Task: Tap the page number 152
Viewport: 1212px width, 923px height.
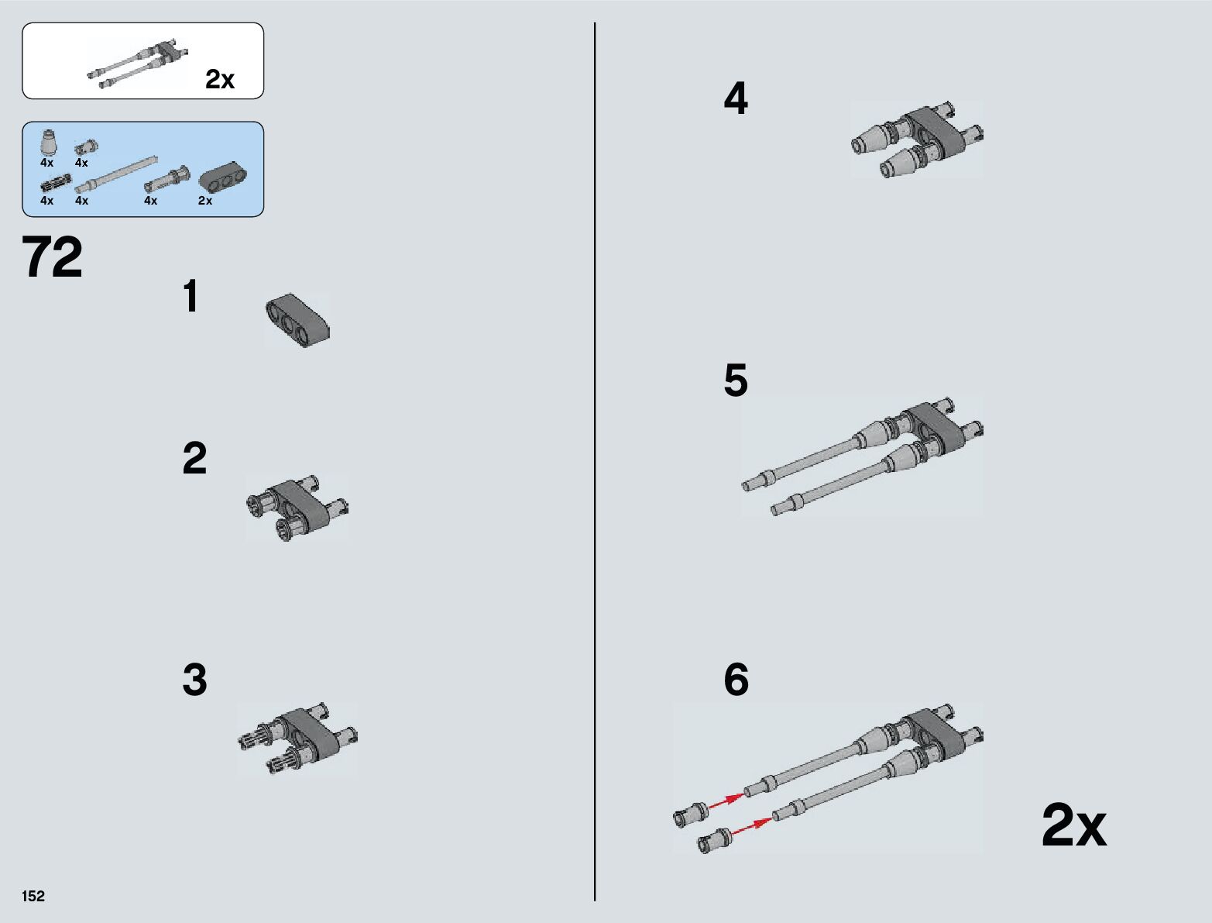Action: (33, 896)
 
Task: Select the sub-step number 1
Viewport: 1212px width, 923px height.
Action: (191, 296)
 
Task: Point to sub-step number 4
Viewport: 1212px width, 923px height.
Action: (736, 98)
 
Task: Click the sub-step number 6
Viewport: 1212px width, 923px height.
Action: (736, 680)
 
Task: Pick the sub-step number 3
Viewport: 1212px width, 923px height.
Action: (194, 680)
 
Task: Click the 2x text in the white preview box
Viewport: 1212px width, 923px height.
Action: (220, 79)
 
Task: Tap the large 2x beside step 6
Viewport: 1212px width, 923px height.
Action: (1074, 825)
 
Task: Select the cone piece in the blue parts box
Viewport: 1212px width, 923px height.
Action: (49, 141)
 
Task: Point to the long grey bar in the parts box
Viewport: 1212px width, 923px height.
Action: (116, 174)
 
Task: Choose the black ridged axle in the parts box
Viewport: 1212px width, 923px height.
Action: (56, 183)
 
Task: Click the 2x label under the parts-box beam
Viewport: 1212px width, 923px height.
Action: (205, 201)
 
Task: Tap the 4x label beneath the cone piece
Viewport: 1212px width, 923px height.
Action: (47, 163)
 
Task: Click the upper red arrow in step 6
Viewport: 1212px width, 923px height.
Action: (726, 801)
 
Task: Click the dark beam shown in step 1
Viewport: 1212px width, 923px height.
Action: (297, 320)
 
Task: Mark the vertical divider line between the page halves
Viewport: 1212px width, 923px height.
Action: (595, 462)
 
